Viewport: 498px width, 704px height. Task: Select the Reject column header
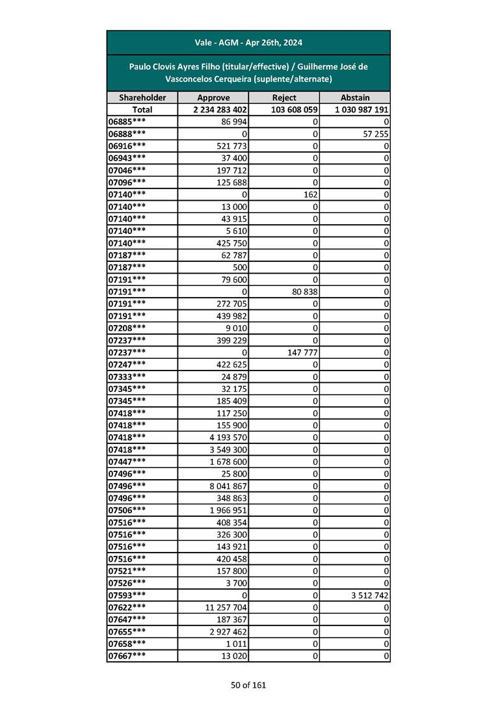(284, 98)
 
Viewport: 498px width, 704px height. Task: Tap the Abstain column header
(355, 98)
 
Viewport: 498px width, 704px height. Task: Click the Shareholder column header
(142, 98)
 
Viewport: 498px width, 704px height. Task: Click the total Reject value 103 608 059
(293, 110)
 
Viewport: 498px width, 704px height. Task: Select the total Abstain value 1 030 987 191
(361, 110)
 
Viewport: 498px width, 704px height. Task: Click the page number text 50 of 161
(248, 685)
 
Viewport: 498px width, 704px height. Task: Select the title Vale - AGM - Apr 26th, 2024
(248, 43)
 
